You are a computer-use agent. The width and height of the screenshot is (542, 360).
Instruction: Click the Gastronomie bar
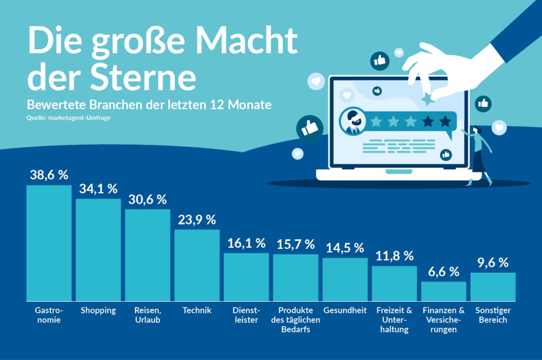[49, 243]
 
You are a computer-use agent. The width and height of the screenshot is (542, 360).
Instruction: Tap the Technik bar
[197, 265]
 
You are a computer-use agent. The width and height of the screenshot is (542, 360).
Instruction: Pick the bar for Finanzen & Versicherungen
[444, 291]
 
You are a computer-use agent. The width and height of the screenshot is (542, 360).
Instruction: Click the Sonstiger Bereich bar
[493, 287]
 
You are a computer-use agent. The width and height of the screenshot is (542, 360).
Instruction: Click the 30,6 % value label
[147, 200]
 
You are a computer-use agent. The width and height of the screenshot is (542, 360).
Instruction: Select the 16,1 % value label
[246, 243]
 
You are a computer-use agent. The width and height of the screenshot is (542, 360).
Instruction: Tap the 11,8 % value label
[394, 256]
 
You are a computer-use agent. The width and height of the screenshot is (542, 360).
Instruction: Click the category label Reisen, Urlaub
[147, 315]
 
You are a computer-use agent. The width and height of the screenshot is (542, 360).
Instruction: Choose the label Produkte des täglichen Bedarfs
[295, 320]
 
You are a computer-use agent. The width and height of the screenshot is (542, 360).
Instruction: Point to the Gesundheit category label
[345, 310]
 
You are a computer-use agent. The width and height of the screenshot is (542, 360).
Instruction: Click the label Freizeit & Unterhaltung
[394, 320]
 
